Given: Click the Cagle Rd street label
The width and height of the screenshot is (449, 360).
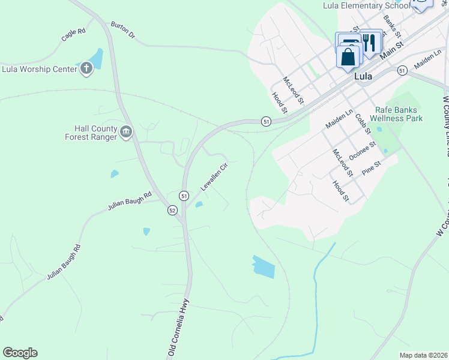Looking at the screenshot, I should [73, 35].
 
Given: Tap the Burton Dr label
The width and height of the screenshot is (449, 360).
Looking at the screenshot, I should [123, 31].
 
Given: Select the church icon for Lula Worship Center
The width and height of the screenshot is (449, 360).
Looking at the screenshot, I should [86, 68].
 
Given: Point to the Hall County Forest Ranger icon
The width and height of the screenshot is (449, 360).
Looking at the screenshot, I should [126, 132].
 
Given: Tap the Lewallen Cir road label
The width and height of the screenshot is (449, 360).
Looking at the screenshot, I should [214, 178].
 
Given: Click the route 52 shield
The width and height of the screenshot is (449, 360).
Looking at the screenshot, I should [172, 210].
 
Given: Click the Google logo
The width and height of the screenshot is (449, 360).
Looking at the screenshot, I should [20, 353].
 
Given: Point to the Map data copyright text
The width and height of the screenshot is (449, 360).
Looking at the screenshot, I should [423, 355].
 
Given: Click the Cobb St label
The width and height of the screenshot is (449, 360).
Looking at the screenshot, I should [361, 125].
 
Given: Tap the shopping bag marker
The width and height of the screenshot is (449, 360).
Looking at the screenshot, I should [349, 58].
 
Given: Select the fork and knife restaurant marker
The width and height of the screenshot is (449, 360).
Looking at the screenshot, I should [370, 43].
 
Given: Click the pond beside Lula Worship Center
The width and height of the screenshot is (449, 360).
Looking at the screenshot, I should [95, 59].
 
